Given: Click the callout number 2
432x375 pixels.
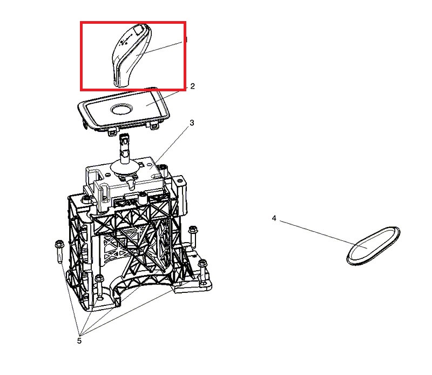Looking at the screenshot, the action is pos(192,86).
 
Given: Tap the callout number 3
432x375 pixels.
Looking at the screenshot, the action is pos(192,123).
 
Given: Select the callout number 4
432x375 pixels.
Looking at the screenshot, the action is pos(274,218).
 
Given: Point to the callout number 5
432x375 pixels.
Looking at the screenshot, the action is pos(79,341).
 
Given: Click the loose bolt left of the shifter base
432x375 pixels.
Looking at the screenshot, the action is pos(59,251).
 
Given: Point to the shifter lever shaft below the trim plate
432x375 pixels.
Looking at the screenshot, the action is pos(125,149).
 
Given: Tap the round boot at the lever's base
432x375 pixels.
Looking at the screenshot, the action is pos(124,168).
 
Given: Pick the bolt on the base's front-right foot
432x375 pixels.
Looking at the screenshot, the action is pos(203,272).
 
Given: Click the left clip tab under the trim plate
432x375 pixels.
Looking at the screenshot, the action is pos(112,132).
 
